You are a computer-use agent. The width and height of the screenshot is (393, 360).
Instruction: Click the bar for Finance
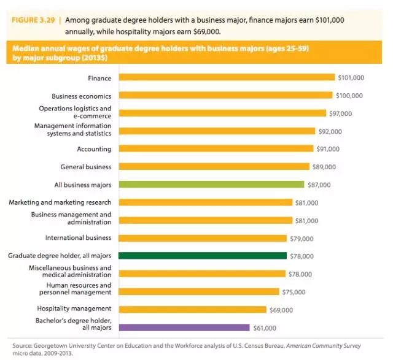tap(227, 77)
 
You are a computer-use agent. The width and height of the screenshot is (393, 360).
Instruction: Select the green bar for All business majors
tap(211, 184)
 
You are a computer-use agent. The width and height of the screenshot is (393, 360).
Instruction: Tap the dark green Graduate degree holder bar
tap(203, 256)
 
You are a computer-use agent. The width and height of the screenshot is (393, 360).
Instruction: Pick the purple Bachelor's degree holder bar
tap(184, 327)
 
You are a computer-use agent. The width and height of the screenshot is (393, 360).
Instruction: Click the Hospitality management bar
tap(192, 309)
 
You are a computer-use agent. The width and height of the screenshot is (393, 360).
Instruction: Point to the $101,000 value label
tap(351, 78)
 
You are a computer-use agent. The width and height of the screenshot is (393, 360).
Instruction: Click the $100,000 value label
tap(349, 96)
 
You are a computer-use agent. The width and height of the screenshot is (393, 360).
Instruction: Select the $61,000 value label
tap(265, 328)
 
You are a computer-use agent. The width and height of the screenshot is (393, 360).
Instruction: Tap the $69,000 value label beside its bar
tap(282, 310)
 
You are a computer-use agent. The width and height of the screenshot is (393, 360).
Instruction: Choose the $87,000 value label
tap(319, 185)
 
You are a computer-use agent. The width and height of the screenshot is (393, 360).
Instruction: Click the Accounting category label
tap(94, 149)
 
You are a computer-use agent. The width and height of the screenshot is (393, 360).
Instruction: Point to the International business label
tap(78, 237)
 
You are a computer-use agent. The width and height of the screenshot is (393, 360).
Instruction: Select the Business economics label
tap(81, 96)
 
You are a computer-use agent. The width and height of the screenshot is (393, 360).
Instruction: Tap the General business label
tap(85, 167)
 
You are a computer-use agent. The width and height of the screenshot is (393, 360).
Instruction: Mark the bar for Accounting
tap(215, 148)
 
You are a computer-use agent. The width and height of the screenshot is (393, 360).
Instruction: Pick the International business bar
tap(203, 238)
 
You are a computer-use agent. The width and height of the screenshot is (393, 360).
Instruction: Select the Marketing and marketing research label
tap(60, 202)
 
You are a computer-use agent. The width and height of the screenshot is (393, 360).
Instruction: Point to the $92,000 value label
tap(330, 131)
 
